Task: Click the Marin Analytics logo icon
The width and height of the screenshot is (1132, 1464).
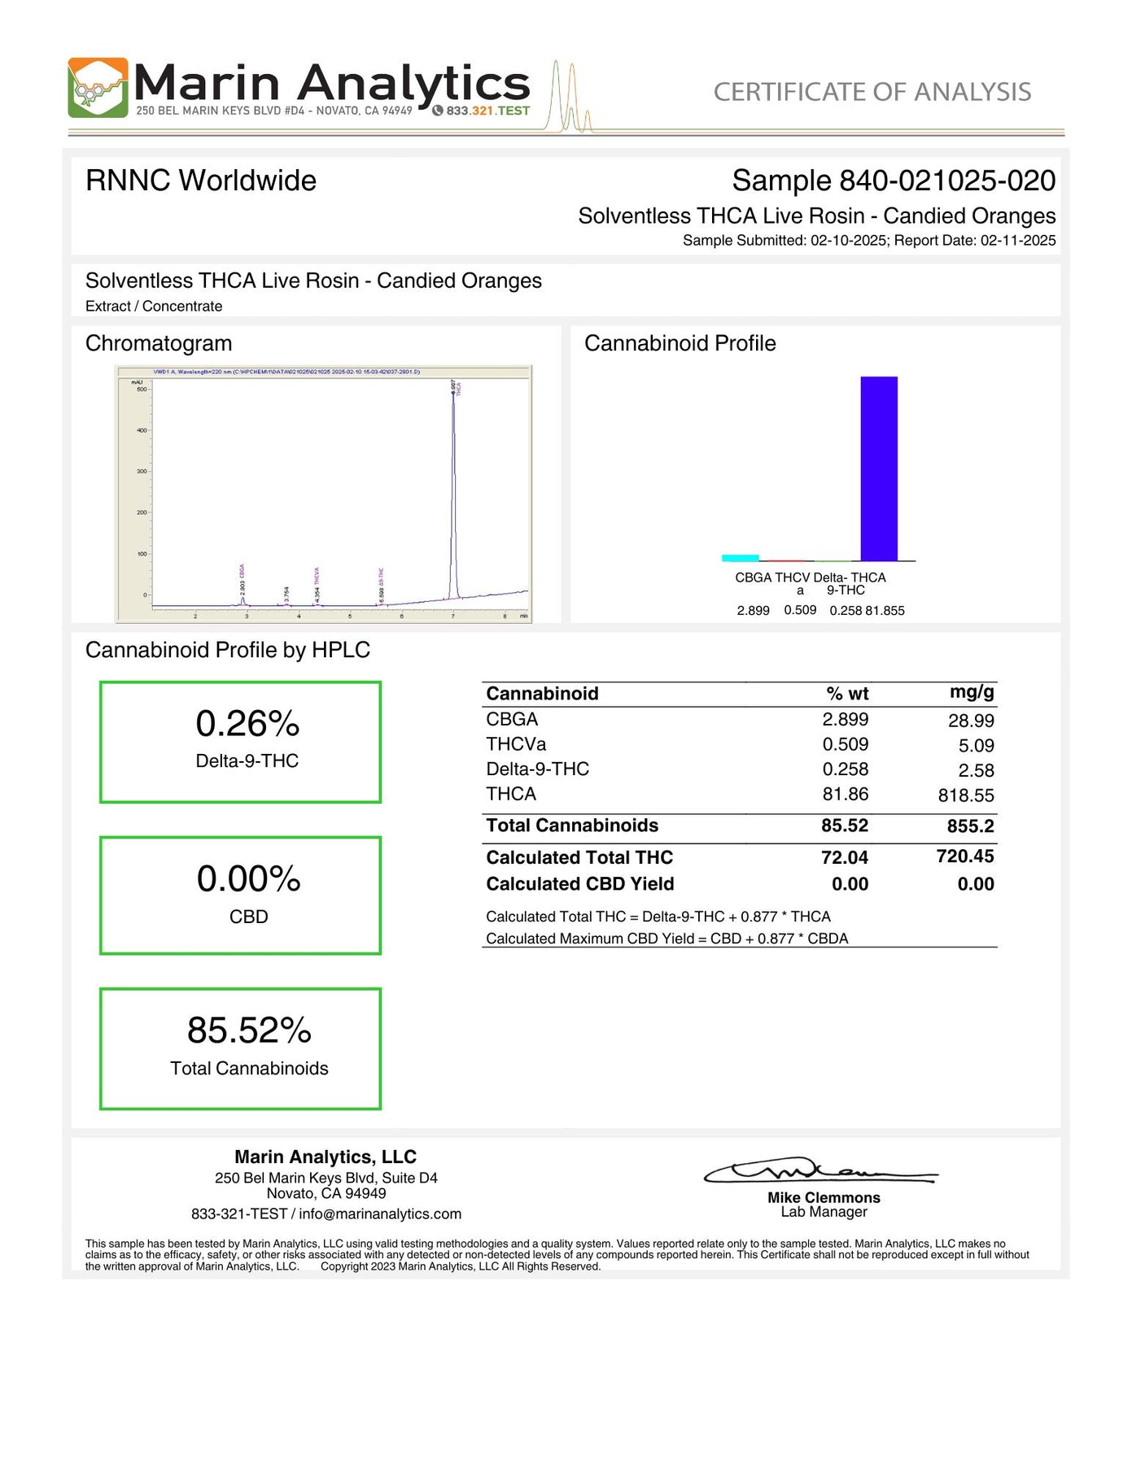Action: pos(98,88)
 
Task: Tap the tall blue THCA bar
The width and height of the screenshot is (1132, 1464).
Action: pos(879,468)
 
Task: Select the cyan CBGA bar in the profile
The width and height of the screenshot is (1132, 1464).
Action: pos(740,558)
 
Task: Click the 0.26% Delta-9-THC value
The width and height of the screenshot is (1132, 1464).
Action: pos(247,723)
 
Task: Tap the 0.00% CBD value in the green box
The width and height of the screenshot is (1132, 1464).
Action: pos(248,878)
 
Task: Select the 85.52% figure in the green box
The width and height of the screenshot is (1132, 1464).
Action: pos(249,1030)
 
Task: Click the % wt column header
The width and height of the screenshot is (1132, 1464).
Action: pos(847,694)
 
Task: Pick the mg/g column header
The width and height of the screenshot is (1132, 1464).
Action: pos(972,692)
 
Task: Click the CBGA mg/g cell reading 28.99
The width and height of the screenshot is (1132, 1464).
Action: pos(971,721)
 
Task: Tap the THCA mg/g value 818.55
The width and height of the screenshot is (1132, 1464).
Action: pos(966,795)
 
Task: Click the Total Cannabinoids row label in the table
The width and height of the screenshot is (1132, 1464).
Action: pos(572,826)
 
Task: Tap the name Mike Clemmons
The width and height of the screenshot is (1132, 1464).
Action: pos(824,1197)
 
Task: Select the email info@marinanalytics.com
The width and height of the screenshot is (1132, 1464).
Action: pos(380,1213)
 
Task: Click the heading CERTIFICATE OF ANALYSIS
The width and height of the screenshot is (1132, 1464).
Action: pos(872,92)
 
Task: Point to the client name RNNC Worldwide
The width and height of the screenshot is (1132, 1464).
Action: pos(201,181)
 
